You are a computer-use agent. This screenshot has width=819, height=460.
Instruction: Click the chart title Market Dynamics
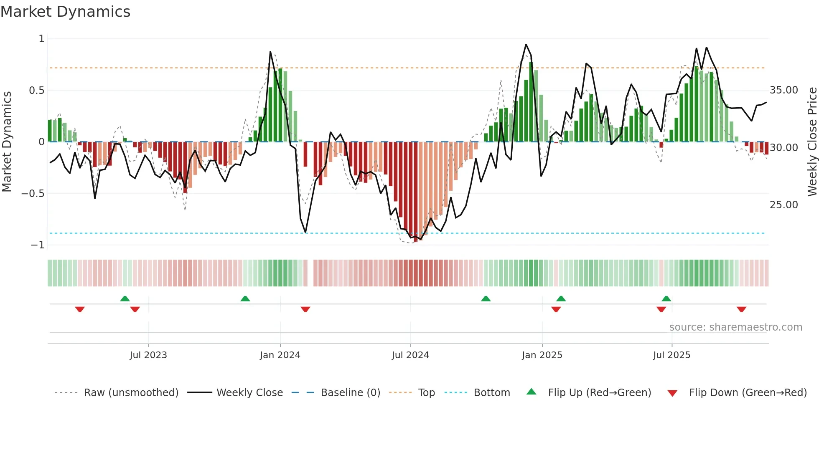[x=65, y=12]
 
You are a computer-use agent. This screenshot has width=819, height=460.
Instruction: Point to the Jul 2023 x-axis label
[x=148, y=355]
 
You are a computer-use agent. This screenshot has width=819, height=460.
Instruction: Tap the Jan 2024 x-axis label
[x=280, y=355]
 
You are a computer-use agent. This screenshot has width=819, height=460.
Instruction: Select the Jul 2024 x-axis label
[x=410, y=355]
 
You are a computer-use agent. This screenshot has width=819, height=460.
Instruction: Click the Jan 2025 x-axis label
[x=542, y=355]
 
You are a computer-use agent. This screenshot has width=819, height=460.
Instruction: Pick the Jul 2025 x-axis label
[x=671, y=355]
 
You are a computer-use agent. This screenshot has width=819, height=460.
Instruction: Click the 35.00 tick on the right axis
[x=783, y=90]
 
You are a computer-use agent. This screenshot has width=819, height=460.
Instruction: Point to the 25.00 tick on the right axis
[x=783, y=205]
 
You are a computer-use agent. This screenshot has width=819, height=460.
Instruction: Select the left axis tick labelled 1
[x=41, y=39]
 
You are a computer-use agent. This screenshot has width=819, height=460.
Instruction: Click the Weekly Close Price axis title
[x=812, y=142]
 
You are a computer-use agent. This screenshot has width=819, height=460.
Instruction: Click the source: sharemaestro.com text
[x=735, y=327]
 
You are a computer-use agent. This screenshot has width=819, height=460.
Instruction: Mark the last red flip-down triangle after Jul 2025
[x=741, y=309]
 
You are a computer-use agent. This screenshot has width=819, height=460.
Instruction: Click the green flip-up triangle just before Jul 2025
[x=666, y=298]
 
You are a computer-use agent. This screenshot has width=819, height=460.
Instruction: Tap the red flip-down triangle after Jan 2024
[x=305, y=309]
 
